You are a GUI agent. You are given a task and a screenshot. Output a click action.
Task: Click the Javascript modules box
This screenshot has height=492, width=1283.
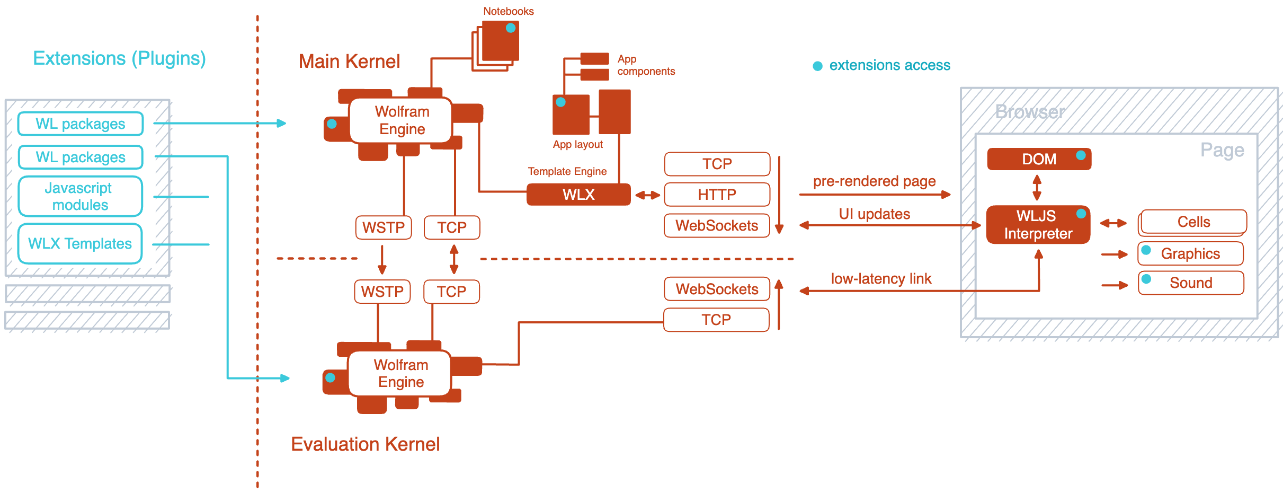(x=81, y=196)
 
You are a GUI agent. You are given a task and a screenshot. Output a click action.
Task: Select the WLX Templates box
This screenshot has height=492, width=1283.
(x=81, y=243)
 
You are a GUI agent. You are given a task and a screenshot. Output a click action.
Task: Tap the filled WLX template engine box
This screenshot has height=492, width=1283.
(x=578, y=195)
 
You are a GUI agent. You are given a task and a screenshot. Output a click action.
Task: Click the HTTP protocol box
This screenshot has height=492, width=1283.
(x=717, y=195)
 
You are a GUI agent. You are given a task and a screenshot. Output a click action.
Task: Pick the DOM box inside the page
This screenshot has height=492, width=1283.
(x=1039, y=159)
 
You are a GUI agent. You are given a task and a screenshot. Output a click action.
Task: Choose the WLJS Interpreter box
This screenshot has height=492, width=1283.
(x=1038, y=225)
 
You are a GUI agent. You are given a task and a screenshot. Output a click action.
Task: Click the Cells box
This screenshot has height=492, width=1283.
(x=1193, y=222)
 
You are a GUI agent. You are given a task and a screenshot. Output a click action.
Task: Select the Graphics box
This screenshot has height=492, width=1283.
(x=1190, y=254)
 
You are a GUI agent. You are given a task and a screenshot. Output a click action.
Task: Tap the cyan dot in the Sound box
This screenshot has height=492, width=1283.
(x=1146, y=279)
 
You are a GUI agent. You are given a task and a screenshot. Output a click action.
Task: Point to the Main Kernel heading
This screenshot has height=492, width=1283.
(x=349, y=61)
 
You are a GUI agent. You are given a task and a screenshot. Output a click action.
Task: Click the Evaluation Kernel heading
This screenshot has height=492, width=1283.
(x=365, y=444)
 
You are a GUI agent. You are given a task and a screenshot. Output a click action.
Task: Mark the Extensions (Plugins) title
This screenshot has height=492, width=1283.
(x=119, y=58)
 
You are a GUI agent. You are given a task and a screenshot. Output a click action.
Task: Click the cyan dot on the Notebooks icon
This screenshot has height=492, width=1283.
(x=511, y=28)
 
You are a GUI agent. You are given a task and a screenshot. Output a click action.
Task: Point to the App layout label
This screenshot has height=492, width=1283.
(x=577, y=145)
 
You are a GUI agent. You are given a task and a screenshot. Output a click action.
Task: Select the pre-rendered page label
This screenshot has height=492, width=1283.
(x=874, y=181)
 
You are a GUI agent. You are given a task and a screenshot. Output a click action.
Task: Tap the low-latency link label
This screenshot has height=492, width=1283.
(x=880, y=279)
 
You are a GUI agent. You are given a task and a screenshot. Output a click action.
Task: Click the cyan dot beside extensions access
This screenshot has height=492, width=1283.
(x=817, y=66)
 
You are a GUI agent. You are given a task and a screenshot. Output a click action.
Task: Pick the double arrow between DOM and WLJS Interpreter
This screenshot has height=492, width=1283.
(x=1037, y=187)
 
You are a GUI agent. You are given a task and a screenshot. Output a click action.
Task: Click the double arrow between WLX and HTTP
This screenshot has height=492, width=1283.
(x=647, y=195)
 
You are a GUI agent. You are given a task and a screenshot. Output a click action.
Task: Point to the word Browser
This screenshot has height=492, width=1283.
(x=1030, y=112)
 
